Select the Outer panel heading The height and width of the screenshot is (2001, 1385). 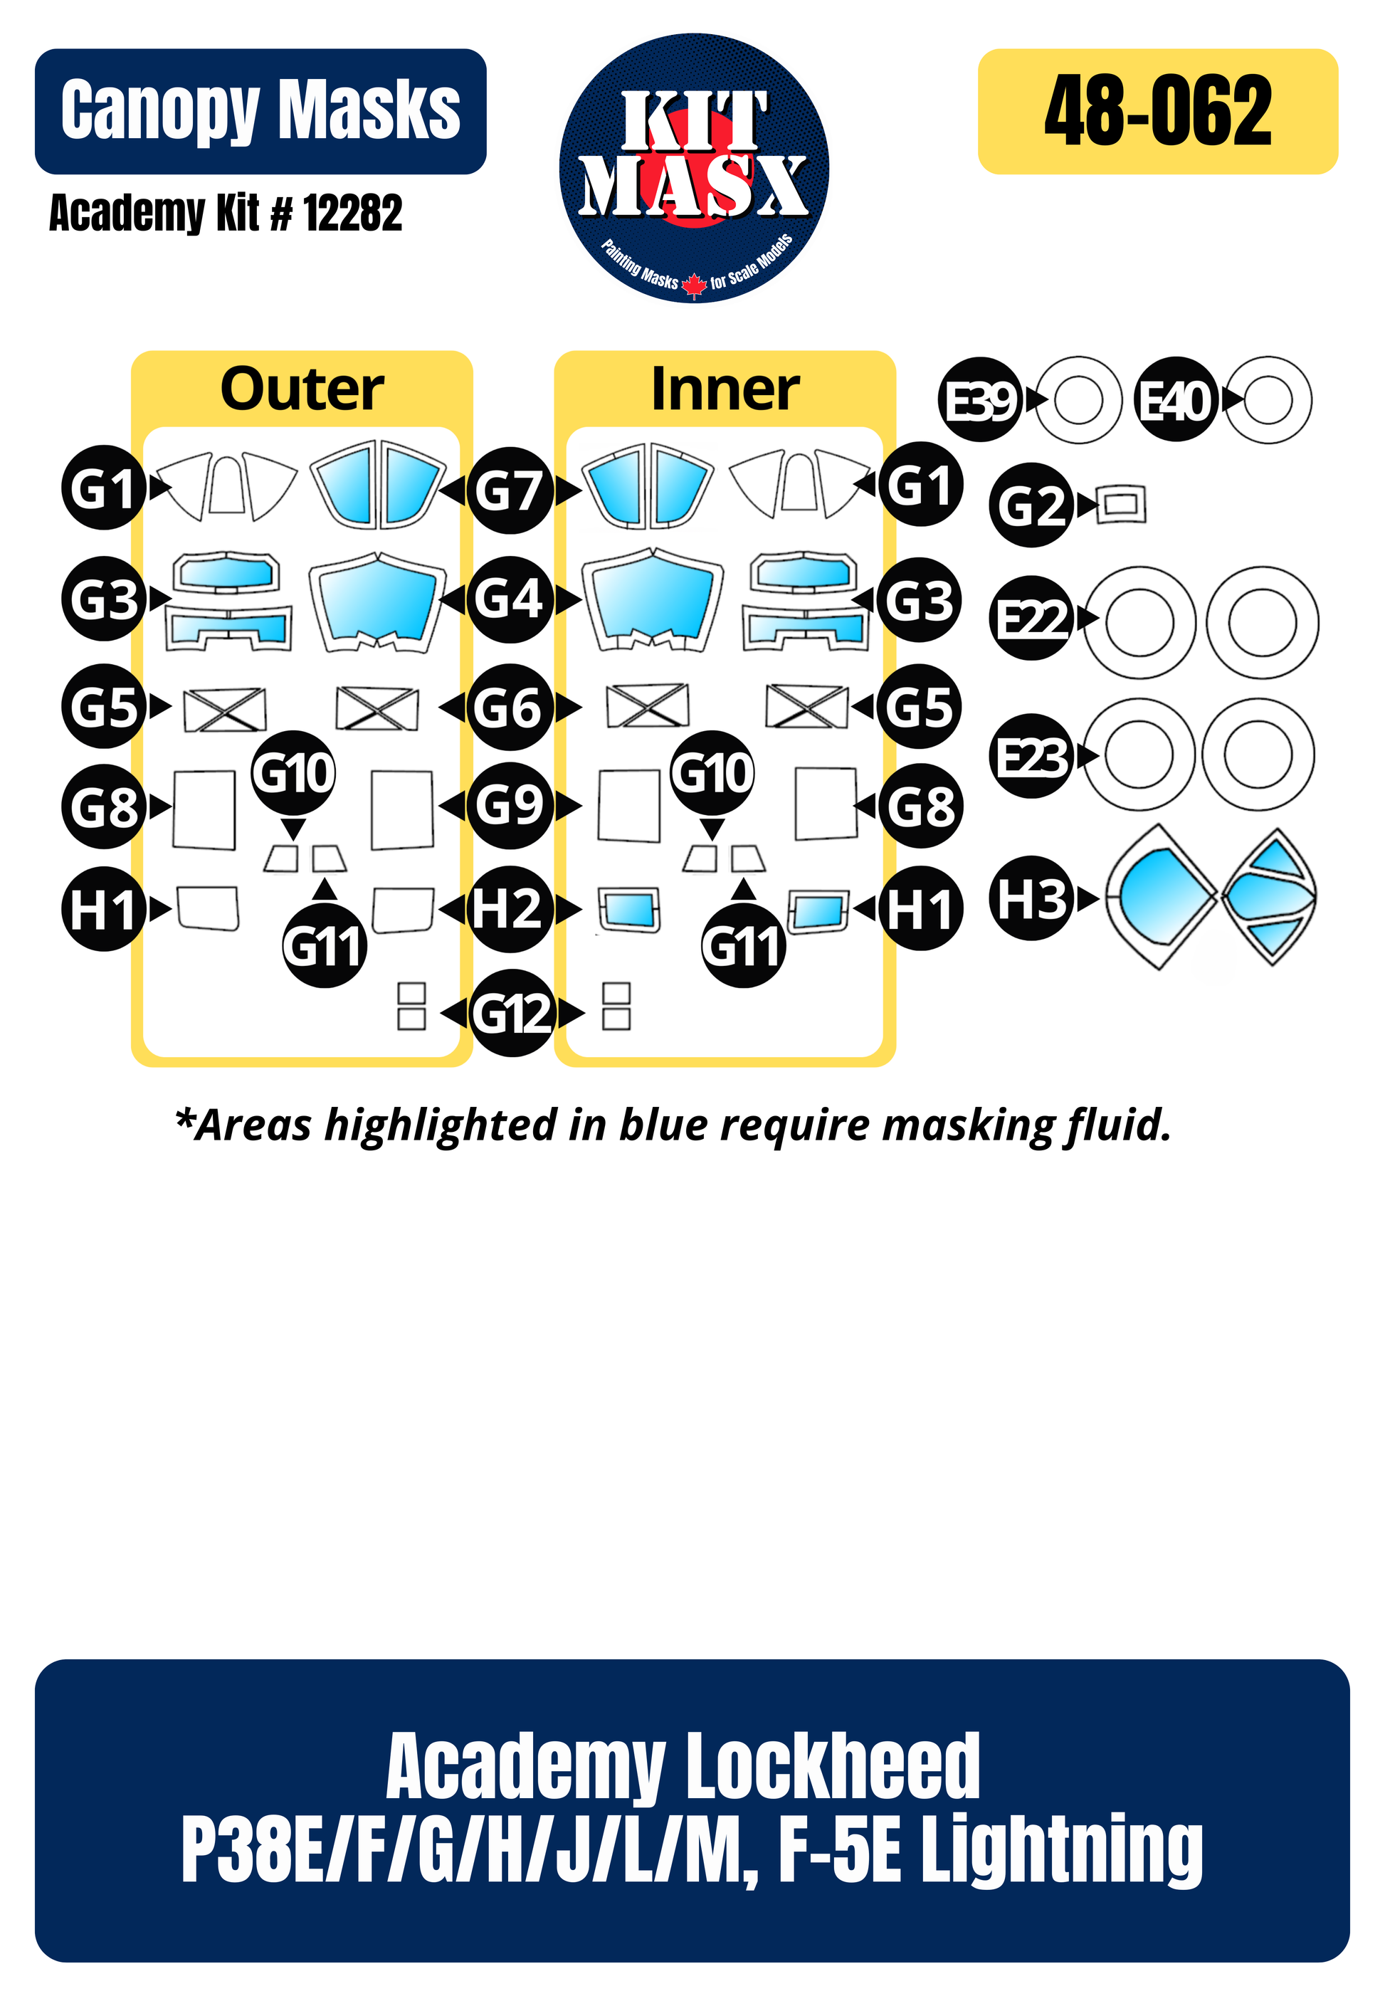[x=301, y=389]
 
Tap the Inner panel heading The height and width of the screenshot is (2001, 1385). [x=725, y=389]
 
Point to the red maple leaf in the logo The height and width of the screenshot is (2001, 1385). [x=693, y=284]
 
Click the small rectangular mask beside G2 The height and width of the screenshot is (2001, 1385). [x=1120, y=504]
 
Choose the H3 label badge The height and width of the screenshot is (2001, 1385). [x=1031, y=899]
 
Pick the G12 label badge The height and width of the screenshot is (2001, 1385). [x=512, y=1013]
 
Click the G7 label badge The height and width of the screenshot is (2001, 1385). [x=510, y=491]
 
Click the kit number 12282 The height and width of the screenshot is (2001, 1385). [x=353, y=214]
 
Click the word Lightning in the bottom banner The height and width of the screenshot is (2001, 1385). [x=1060, y=1850]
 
